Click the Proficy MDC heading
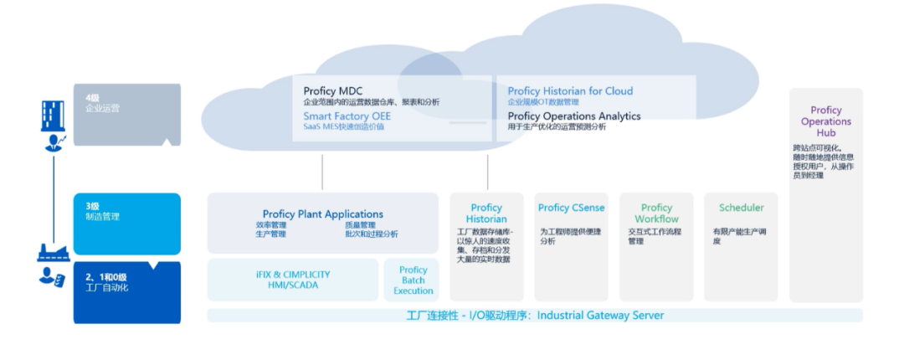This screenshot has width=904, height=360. point(333,90)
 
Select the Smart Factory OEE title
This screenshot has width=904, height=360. point(347,116)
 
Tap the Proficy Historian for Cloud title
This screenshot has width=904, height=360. point(570,90)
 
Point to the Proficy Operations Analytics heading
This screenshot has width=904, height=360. point(574,116)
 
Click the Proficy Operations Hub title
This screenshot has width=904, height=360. point(825,121)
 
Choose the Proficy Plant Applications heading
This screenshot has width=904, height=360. point(323,214)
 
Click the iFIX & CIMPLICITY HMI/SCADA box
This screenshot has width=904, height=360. point(293,280)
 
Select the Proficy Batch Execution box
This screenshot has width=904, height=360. point(413,280)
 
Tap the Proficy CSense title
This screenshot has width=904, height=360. point(571,208)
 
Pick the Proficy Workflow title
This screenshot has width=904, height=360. point(656,213)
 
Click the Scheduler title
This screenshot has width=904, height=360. point(741,208)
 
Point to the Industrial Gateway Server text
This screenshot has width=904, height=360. point(600,316)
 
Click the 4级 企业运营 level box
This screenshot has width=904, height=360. point(126,114)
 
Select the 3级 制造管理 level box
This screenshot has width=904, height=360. point(126,223)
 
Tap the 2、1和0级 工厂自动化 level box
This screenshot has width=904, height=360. point(126,291)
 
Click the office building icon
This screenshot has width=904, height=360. point(53,116)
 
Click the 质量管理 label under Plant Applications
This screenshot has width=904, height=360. point(362,224)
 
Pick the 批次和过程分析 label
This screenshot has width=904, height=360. point(371,234)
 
